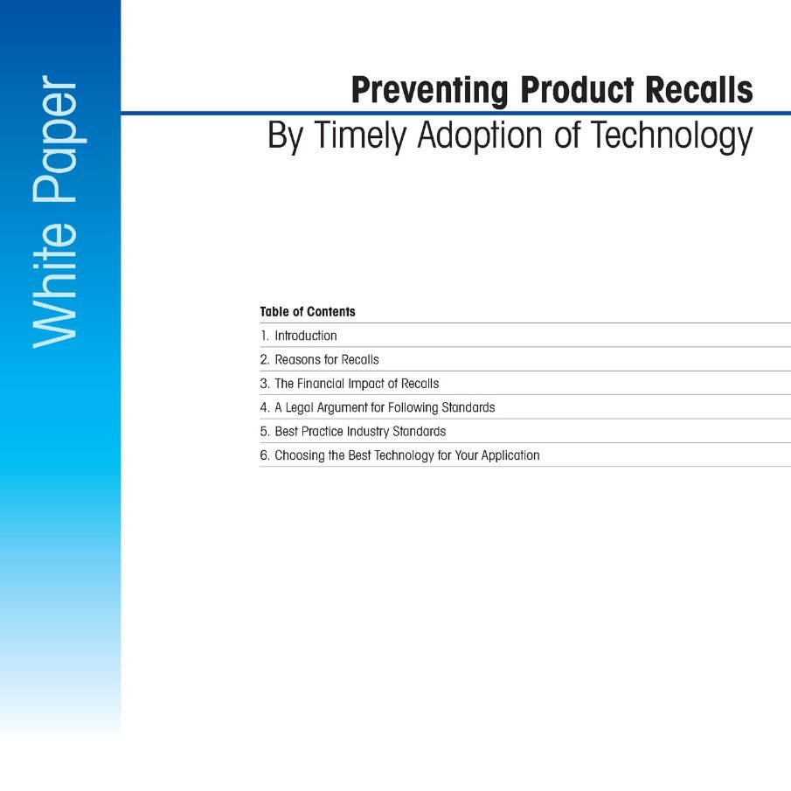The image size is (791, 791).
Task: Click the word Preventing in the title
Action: (x=429, y=90)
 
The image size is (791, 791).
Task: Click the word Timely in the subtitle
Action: (x=361, y=136)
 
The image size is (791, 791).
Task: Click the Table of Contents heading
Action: (x=308, y=312)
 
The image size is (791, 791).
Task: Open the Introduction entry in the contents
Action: (x=305, y=336)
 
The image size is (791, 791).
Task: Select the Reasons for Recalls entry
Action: (x=326, y=359)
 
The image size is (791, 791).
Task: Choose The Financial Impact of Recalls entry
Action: (x=357, y=384)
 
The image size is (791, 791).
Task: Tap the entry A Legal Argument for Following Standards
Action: (x=385, y=407)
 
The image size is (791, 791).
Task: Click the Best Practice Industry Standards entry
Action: (x=360, y=432)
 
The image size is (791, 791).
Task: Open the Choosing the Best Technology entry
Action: (x=406, y=455)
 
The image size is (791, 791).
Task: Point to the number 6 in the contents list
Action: (x=264, y=455)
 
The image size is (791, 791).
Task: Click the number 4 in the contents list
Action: (x=264, y=407)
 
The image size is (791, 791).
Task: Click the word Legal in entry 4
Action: (x=302, y=407)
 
